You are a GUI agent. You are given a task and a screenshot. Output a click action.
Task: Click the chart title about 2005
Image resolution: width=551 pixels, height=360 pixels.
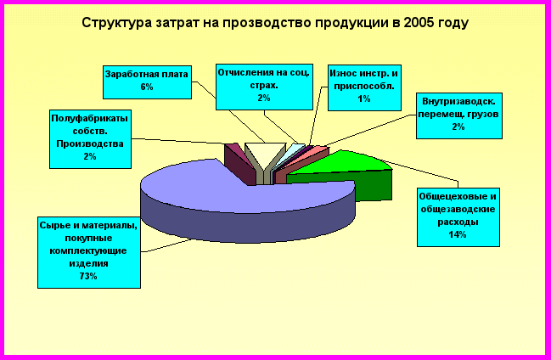pyautogui.click(x=275, y=23)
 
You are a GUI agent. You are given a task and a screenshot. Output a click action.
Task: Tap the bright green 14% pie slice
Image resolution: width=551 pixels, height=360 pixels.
pyautogui.click(x=348, y=172)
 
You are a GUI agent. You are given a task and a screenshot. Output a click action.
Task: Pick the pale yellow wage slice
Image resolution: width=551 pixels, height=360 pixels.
pyautogui.click(x=265, y=154)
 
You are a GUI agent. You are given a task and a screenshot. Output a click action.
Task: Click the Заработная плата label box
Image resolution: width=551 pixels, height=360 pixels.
pyautogui.click(x=147, y=82)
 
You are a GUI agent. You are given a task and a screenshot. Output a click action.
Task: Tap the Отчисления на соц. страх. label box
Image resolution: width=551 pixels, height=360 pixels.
pyautogui.click(x=264, y=87)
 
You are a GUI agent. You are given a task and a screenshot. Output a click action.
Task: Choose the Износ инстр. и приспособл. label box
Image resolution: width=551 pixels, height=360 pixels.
pyautogui.click(x=364, y=88)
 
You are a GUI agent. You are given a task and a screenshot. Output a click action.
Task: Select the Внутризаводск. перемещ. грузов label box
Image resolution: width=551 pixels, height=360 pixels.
pyautogui.click(x=459, y=115)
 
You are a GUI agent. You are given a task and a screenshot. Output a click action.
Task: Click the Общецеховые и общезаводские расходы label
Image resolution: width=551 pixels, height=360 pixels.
pyautogui.click(x=458, y=217)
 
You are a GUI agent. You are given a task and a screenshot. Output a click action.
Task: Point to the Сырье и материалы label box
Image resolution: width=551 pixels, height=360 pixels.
pyautogui.click(x=89, y=252)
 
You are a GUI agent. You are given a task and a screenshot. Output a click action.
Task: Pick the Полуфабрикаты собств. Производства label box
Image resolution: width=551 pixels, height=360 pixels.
pyautogui.click(x=90, y=139)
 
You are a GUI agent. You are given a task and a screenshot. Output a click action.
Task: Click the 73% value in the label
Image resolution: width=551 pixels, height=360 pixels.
pyautogui.click(x=88, y=276)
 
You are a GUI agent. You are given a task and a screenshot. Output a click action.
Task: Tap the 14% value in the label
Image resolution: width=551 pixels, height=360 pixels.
pyautogui.click(x=458, y=234)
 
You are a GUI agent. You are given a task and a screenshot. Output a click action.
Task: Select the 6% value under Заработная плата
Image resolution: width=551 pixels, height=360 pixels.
pyautogui.click(x=147, y=87)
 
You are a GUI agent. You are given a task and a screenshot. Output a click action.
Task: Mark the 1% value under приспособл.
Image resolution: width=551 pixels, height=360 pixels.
pyautogui.click(x=364, y=98)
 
